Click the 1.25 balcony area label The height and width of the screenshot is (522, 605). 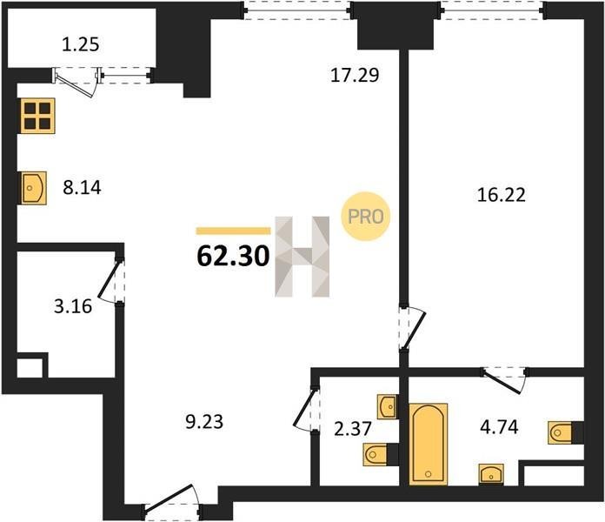pos(81,44)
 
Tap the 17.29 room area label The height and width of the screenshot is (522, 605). pos(355,75)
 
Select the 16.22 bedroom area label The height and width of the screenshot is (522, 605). pos(502,195)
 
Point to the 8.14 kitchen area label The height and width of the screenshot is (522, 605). pos(83,188)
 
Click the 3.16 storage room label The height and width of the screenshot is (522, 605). pos(73,307)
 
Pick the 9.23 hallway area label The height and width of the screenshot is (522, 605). pos(204,422)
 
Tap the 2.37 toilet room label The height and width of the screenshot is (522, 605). pos(353,429)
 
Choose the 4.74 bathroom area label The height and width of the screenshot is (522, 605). pos(499,427)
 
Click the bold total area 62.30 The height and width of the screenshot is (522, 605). pos(233,257)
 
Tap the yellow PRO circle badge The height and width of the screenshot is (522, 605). pos(365,217)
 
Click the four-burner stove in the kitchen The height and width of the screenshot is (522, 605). pos(37,116)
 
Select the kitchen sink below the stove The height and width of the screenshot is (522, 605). pos(33,188)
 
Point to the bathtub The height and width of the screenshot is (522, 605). pos(429,444)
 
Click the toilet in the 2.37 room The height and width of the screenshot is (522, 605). pos(381,454)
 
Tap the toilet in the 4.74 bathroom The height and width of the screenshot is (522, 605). pos(565,432)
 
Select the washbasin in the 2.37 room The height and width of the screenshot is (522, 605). pos(387,406)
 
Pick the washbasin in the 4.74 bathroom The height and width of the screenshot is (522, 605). pos(491,474)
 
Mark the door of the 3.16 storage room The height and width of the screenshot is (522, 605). pos(112,280)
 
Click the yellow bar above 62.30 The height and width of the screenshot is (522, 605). pos(234,231)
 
